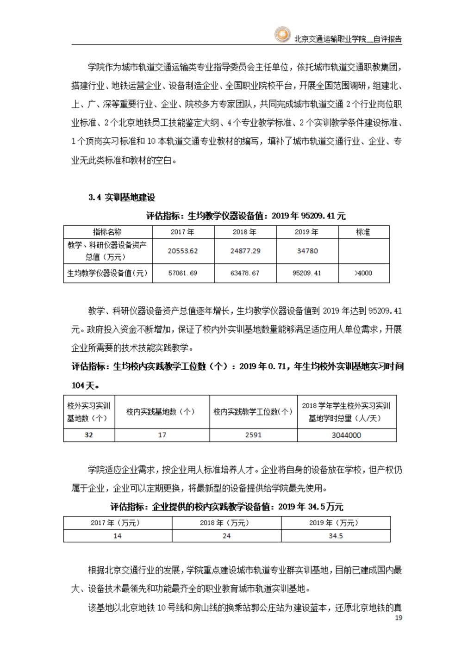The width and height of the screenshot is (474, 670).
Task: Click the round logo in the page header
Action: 281,35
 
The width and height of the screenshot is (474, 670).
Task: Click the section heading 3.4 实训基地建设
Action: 122,197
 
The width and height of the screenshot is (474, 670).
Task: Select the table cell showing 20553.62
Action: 183,251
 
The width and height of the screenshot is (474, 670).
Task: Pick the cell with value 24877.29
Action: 245,251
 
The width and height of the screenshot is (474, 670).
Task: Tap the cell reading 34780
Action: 307,251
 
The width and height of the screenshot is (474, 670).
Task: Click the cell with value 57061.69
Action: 183,273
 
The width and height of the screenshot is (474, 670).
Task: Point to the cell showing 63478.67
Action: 245,273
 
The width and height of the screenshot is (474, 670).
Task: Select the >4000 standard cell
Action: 363,273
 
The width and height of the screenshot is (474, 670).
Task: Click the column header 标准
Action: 363,232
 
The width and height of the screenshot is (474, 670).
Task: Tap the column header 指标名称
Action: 107,232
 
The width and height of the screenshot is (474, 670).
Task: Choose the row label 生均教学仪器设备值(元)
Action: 107,273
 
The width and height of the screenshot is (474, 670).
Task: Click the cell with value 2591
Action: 253,435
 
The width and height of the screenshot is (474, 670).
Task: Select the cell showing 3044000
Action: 346,435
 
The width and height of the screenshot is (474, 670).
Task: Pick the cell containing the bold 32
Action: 89,435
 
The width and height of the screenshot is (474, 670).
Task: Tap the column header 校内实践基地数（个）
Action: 162,411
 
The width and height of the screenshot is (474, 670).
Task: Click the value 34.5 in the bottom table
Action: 336,536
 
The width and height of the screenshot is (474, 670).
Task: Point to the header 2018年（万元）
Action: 226,523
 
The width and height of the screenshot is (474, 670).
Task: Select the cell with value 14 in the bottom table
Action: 118,536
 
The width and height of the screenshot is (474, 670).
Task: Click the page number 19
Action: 399,618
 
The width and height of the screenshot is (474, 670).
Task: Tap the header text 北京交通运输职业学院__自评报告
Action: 348,39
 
